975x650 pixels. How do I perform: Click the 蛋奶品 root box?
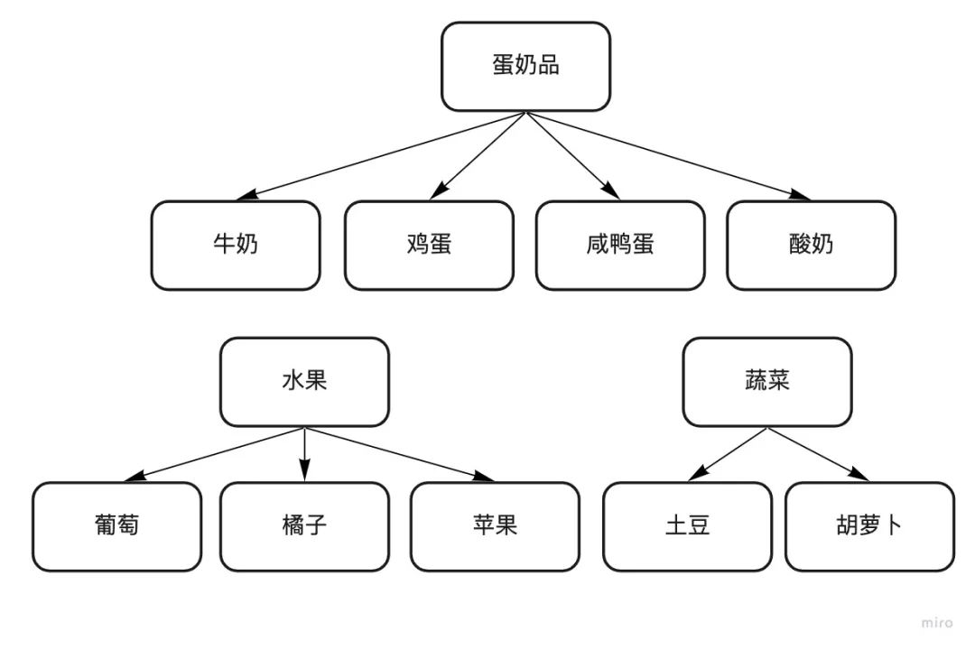pos(525,67)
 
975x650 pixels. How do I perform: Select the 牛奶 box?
pos(235,245)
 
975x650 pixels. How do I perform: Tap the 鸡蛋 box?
pos(429,245)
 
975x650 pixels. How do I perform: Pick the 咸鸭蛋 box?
pos(620,245)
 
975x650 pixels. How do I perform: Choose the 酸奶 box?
pos(811,245)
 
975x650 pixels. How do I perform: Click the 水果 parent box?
pos(304,381)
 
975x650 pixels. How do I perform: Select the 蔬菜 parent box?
pos(766,381)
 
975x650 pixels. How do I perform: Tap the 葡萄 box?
pos(117,526)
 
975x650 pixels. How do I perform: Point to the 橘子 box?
pos(304,526)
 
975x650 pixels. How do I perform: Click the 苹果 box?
pos(495,526)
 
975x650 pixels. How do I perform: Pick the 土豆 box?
pos(687,526)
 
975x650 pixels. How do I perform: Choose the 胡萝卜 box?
pos(868,526)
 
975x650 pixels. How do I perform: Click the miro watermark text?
pos(937,623)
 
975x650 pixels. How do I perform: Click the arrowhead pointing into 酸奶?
pos(800,195)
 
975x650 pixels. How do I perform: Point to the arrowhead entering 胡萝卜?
pos(860,476)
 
